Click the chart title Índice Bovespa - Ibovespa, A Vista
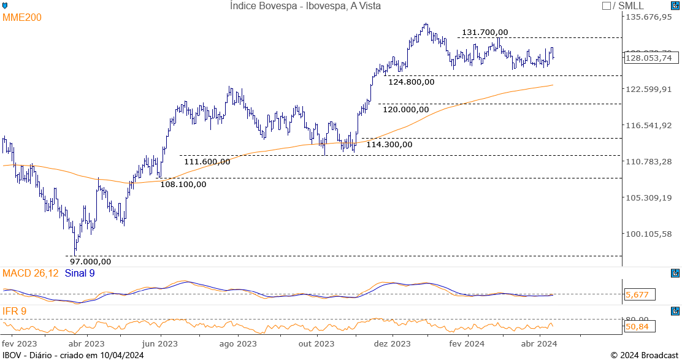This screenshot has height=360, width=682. coord(305,6)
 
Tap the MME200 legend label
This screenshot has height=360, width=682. coord(22,18)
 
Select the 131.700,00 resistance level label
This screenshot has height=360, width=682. coord(485,33)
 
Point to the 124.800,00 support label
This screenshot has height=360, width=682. coord(411,82)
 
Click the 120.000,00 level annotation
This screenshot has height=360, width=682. coord(405,109)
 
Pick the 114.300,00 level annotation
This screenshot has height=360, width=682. coord(389,145)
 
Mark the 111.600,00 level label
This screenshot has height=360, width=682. coord(207,161)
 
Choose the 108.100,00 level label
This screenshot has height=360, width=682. coord(183,183)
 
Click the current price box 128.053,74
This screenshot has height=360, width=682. coord(648,58)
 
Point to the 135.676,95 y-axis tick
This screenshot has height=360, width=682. coord(648,17)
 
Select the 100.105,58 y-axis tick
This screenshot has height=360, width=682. coord(648,234)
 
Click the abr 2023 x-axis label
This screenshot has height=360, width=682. coord(86,344)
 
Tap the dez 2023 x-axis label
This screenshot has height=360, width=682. coord(392,344)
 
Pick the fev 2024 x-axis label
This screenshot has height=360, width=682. coord(467,344)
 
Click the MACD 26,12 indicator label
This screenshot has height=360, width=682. coord(31,273)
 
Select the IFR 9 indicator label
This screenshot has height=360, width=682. coord(15,312)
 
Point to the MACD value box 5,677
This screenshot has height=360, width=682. coord(638,295)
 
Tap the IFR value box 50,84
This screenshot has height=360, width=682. coord(638,327)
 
